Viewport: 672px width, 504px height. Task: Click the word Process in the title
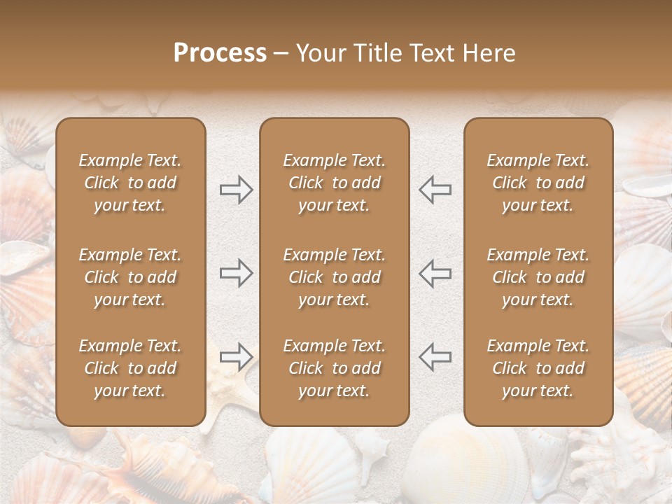pos(220,53)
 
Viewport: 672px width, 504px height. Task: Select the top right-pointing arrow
pos(236,190)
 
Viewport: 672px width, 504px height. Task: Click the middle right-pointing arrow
pos(236,273)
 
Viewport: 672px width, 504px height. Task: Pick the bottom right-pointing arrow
pos(236,357)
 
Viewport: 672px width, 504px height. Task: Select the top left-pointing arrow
pos(435,190)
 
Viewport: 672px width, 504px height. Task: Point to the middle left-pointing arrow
pos(435,273)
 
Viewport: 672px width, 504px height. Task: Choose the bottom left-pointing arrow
pos(435,357)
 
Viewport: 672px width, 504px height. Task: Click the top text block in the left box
pos(130,183)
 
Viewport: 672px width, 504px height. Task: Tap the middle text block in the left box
pos(130,277)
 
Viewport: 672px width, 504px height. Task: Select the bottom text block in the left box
pos(130,368)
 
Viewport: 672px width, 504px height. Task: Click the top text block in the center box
pos(334,183)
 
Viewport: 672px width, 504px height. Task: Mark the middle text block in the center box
pos(334,277)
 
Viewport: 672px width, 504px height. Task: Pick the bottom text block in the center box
pos(334,368)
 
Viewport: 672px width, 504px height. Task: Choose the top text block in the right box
pos(538,183)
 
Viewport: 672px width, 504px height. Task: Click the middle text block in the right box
pos(538,277)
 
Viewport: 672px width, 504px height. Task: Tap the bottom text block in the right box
pos(538,368)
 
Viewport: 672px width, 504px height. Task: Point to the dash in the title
pos(281,54)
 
